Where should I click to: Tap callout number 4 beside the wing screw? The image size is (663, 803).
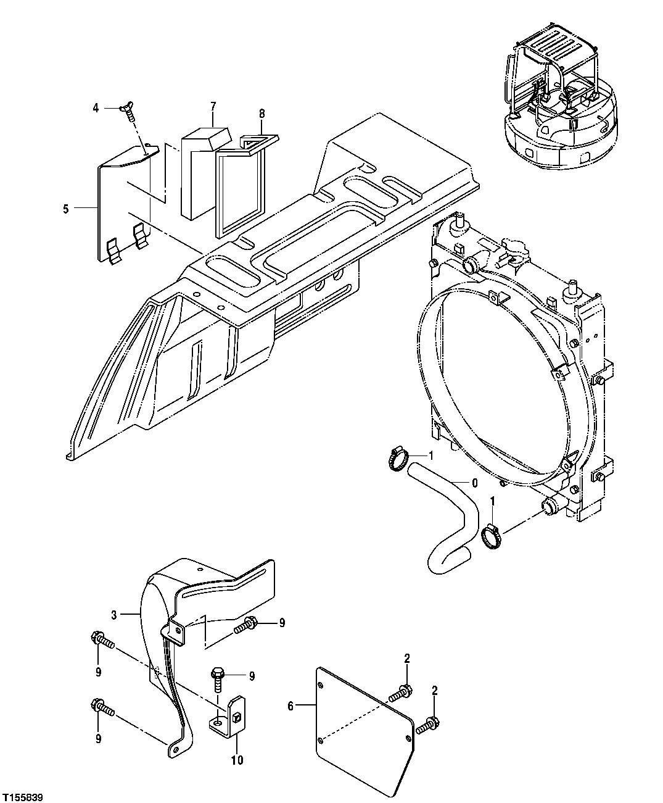96,108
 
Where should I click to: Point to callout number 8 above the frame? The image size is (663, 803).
261,114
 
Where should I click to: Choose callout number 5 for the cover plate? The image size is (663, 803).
66,209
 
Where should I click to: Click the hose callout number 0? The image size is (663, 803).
474,483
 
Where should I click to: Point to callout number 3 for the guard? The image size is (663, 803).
113,614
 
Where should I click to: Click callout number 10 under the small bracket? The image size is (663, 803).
237,760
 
